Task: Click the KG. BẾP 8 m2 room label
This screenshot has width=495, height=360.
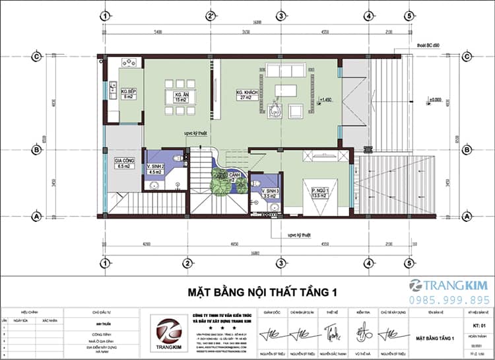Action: (127, 94)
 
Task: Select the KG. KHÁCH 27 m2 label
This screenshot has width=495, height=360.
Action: (249, 94)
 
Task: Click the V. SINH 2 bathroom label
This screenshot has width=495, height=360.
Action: (156, 169)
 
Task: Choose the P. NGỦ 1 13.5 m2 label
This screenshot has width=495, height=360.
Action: (321, 193)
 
